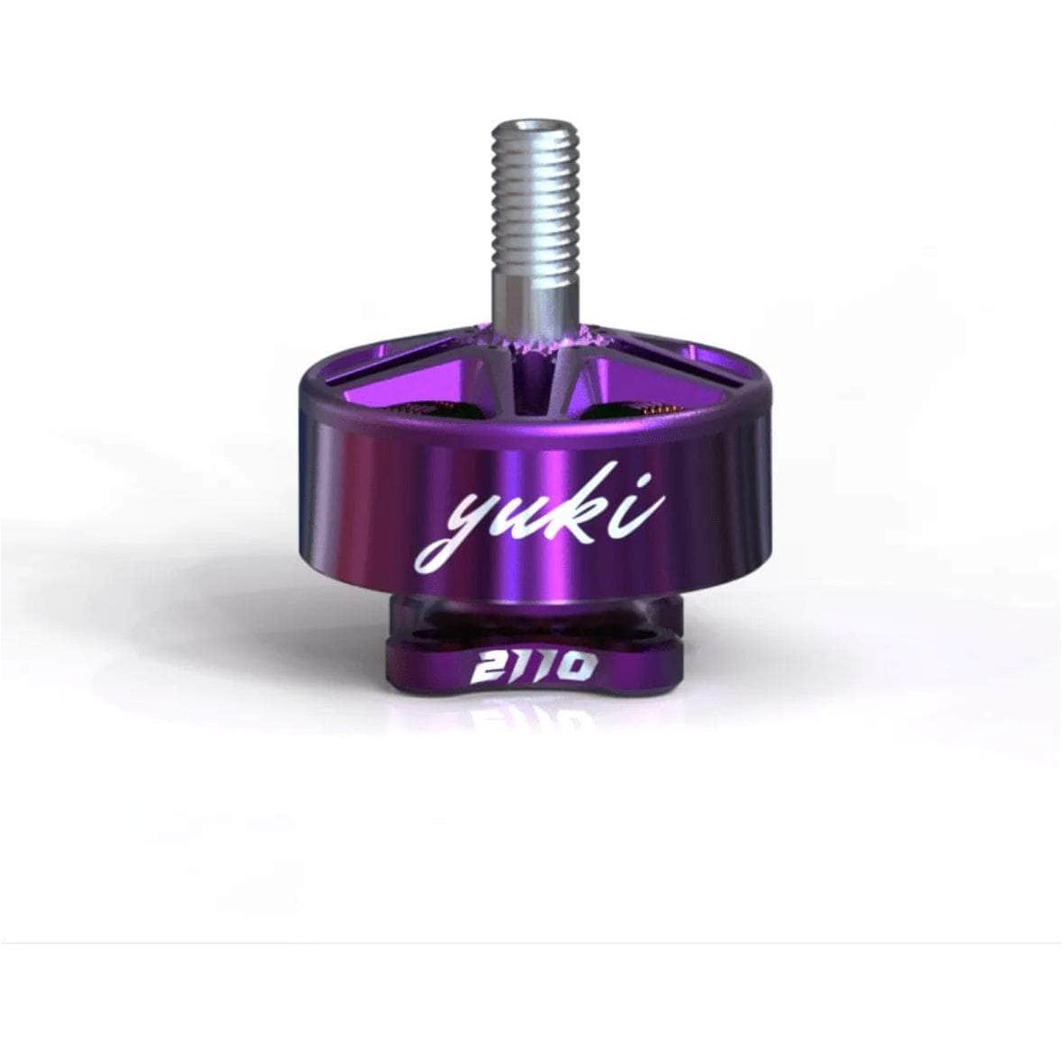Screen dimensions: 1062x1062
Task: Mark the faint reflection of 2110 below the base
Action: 531,720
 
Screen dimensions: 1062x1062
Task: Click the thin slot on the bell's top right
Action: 684,378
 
